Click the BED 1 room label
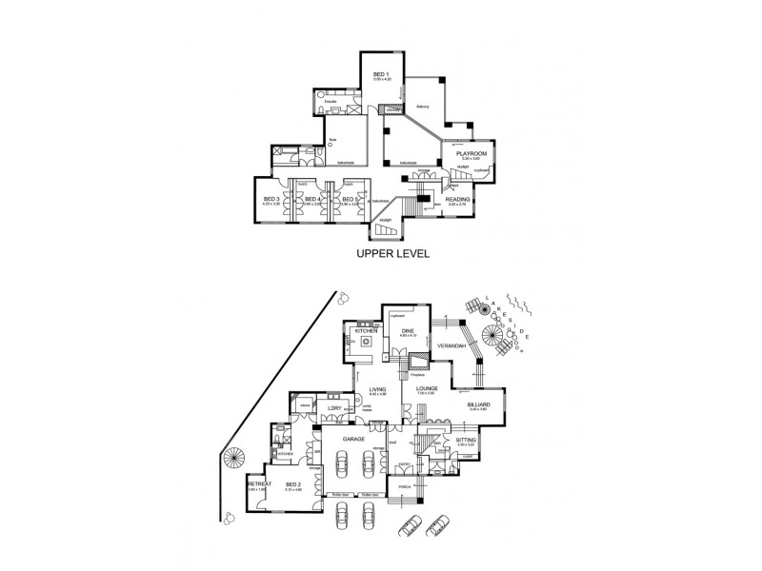coord(378,74)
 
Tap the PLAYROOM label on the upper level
coord(471,153)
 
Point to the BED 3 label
coord(271,199)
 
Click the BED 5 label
coord(349,199)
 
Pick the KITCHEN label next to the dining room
coord(368,329)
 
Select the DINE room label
coord(407,331)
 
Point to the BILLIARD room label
coord(478,404)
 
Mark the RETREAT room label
coord(256,484)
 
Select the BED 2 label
coord(292,484)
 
